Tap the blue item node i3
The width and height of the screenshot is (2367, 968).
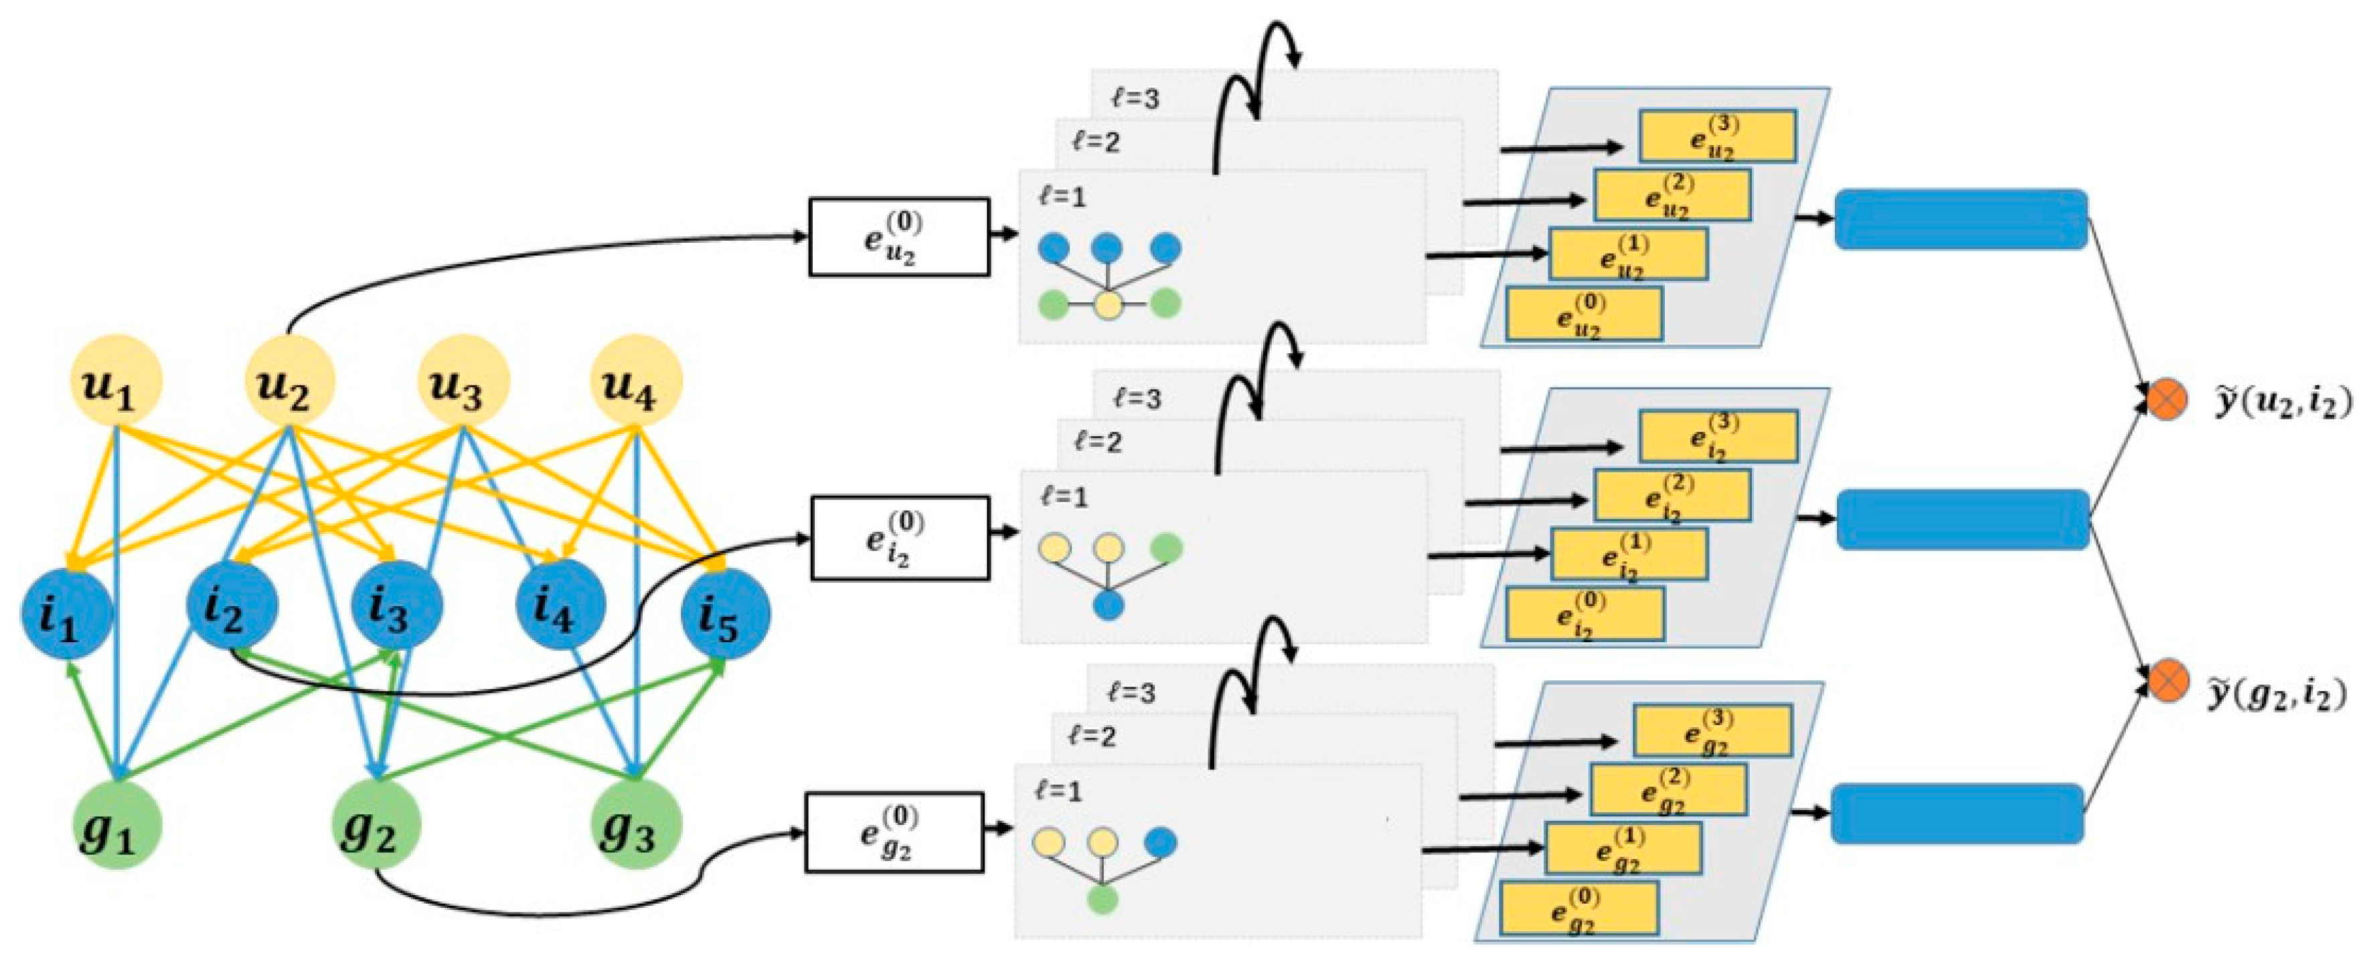point(397,606)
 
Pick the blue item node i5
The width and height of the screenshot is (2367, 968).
point(726,613)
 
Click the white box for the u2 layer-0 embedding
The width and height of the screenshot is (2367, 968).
point(898,237)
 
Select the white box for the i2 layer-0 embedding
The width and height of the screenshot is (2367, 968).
point(900,538)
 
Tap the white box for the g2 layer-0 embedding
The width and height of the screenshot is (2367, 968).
point(894,832)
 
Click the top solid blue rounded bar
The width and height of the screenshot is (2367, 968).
point(1960,219)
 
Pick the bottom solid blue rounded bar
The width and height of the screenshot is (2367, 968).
point(1956,813)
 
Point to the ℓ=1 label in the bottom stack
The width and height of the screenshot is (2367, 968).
point(1058,791)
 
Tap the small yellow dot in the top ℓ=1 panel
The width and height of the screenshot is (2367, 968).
point(1109,304)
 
